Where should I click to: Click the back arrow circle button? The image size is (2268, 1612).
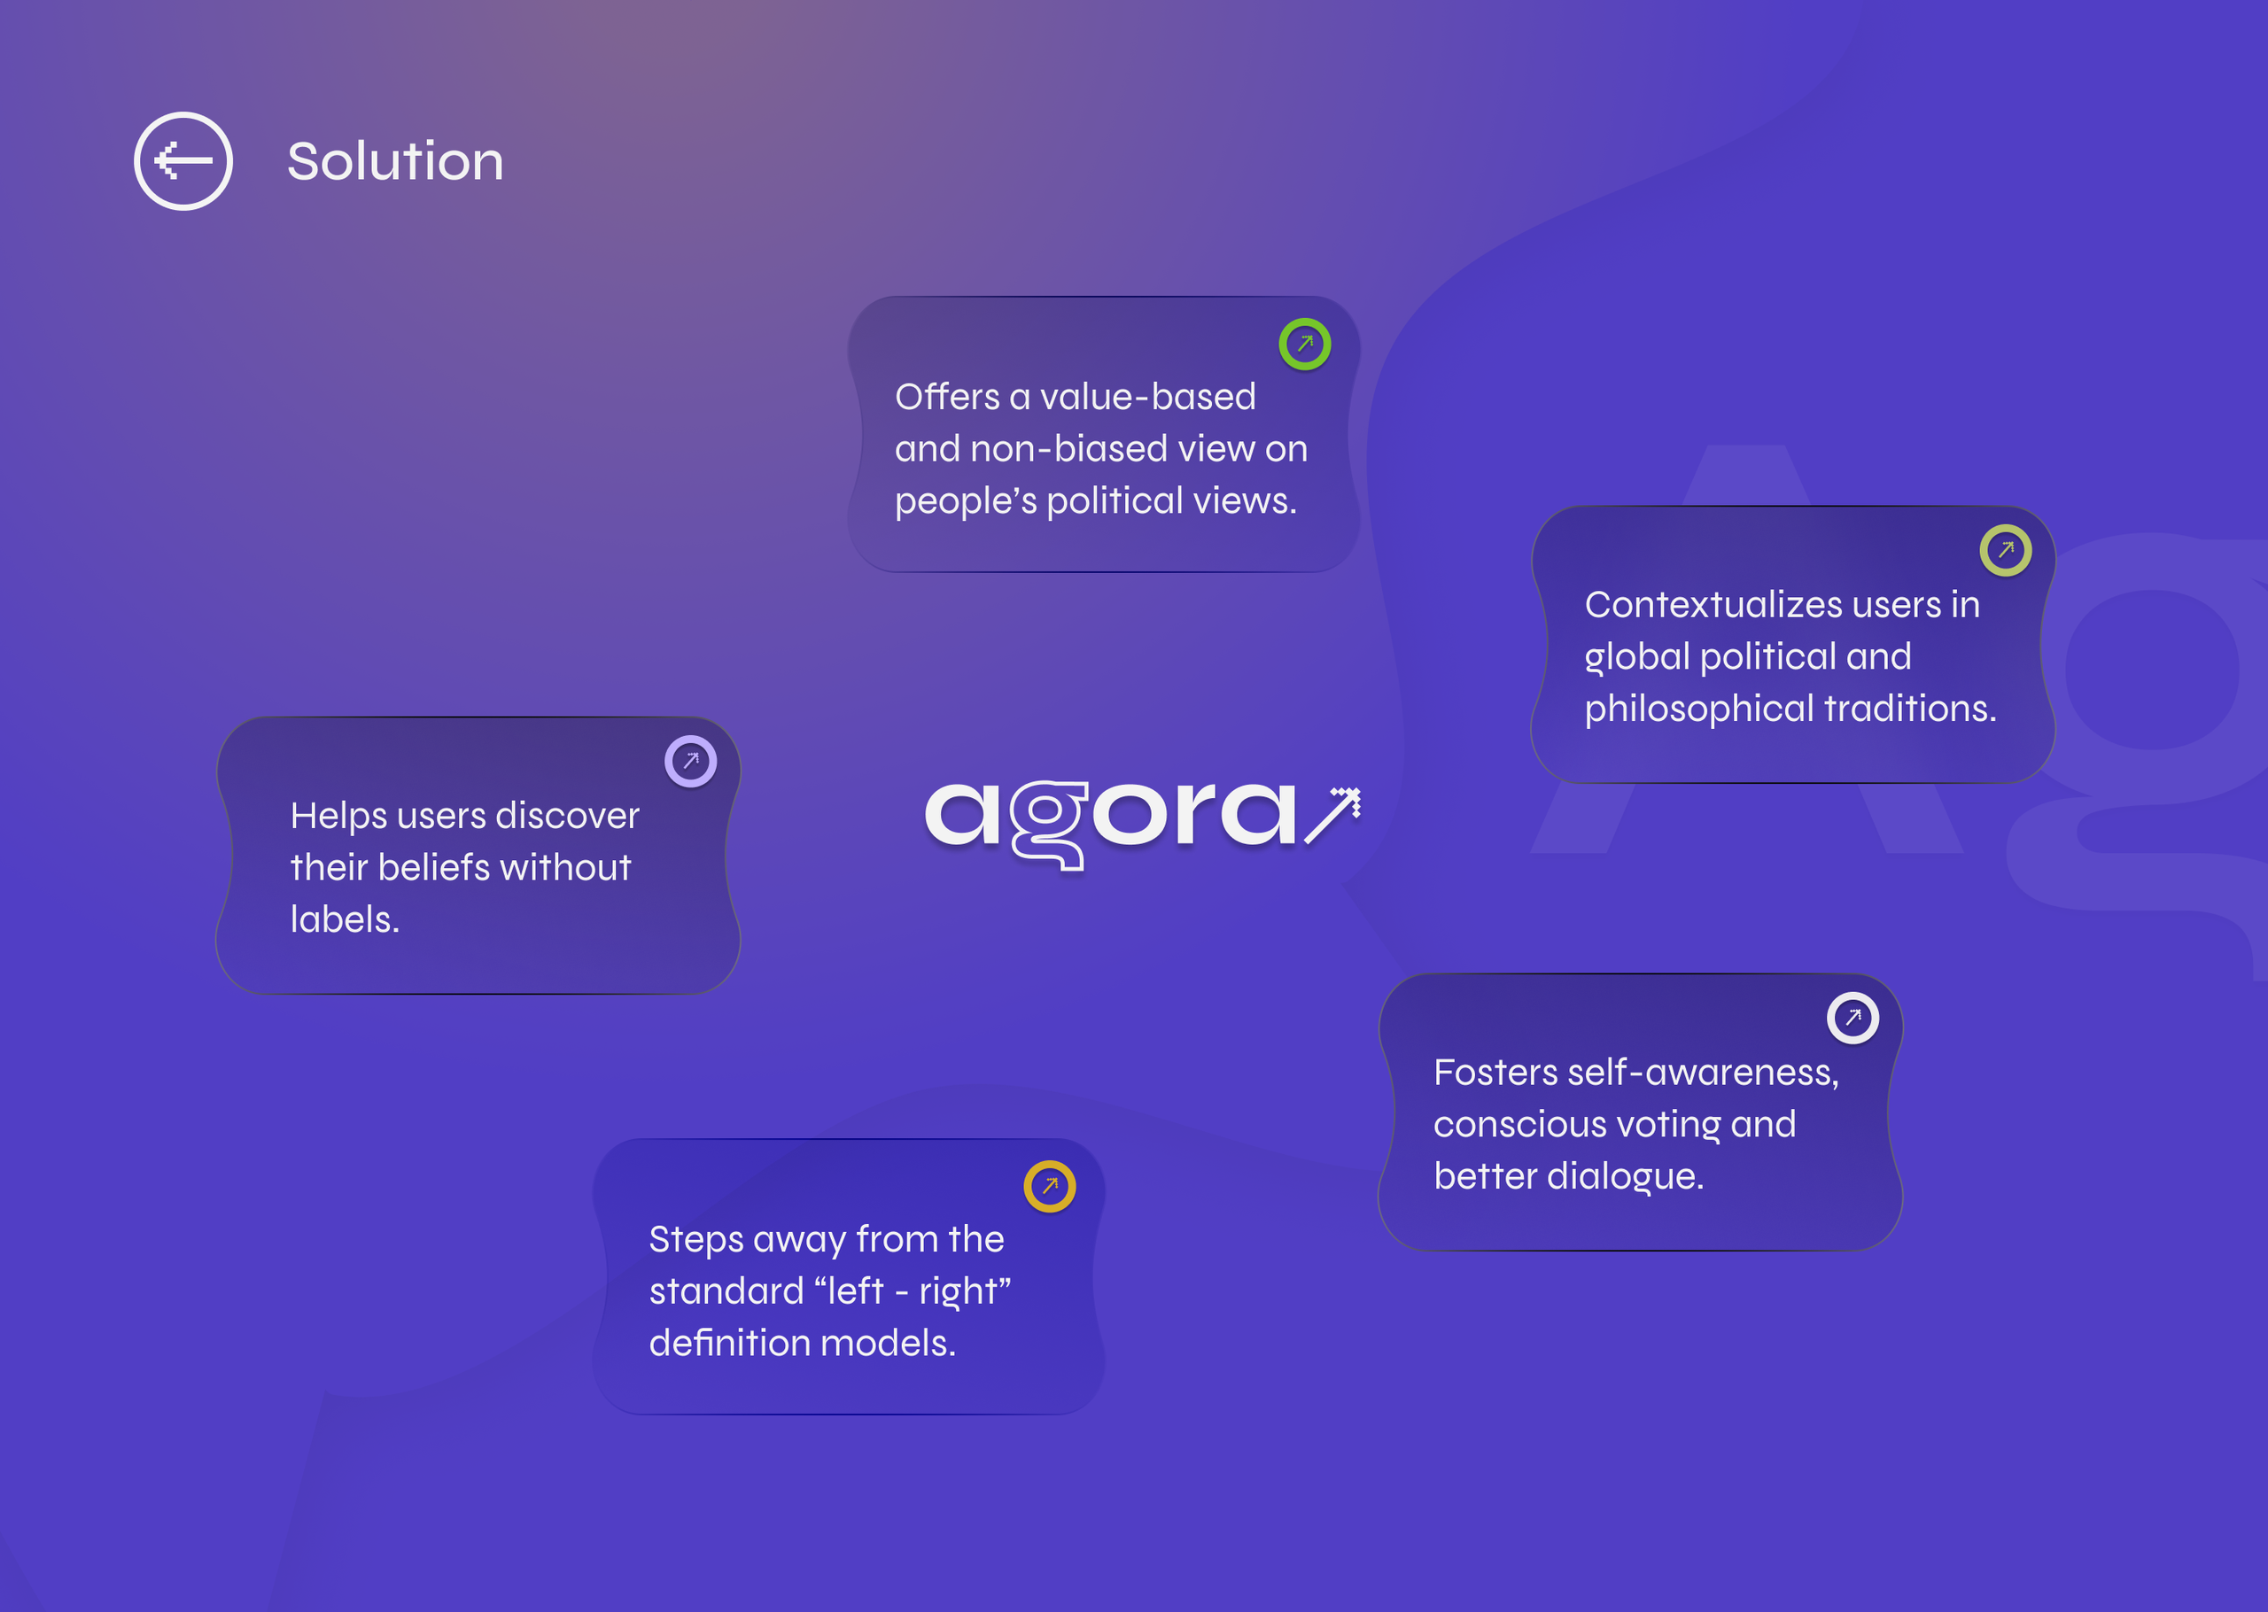(183, 161)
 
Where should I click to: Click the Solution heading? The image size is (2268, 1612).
(395, 161)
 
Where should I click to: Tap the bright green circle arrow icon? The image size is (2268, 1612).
(1304, 345)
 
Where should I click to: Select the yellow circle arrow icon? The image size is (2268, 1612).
(1049, 1186)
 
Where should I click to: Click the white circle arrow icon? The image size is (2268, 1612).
(1852, 1018)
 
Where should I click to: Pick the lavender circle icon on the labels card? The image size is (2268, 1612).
(690, 762)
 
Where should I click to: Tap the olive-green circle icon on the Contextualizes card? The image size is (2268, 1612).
(2005, 550)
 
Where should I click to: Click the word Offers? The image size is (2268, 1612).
(947, 397)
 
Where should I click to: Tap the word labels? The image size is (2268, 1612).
(345, 919)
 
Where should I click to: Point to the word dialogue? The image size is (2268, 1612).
(1625, 1176)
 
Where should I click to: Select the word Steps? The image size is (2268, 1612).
(696, 1240)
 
